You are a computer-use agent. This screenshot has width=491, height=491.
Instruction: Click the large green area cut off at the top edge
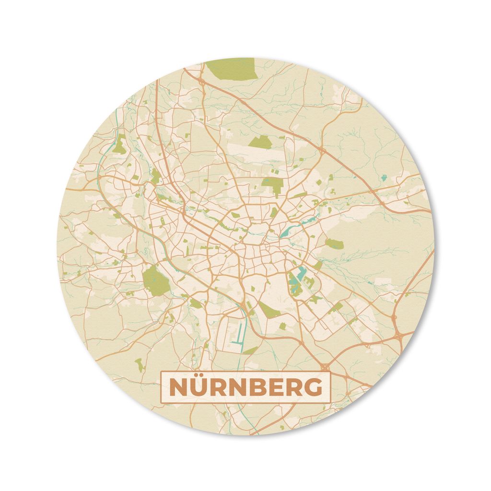(x=231, y=69)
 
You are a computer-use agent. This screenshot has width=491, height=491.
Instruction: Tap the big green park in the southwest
(x=156, y=281)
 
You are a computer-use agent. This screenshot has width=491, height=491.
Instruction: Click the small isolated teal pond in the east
(x=384, y=178)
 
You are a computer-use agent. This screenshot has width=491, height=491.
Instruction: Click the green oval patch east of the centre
(x=334, y=244)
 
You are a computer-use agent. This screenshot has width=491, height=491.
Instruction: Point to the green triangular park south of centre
(x=267, y=309)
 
